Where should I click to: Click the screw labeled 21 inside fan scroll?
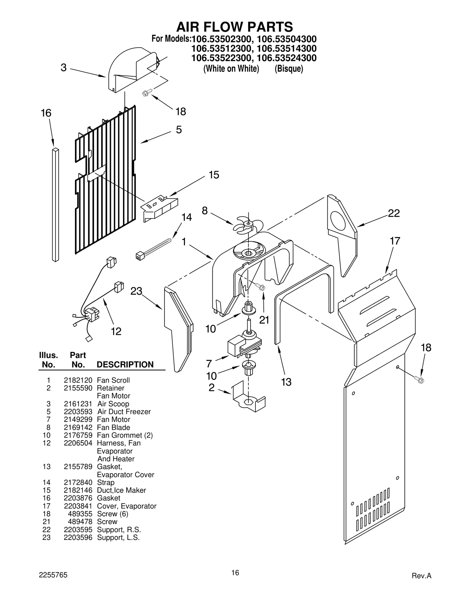pos(260,286)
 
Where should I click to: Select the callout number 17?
pos(395,241)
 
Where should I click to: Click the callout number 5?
pos(179,130)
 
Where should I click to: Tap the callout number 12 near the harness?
pos(116,331)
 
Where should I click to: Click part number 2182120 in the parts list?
pos(78,380)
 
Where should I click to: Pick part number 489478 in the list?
pos(80,522)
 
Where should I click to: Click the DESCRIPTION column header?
pos(125,365)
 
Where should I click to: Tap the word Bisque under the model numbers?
pos(289,69)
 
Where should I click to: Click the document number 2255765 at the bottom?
pos(53,575)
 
